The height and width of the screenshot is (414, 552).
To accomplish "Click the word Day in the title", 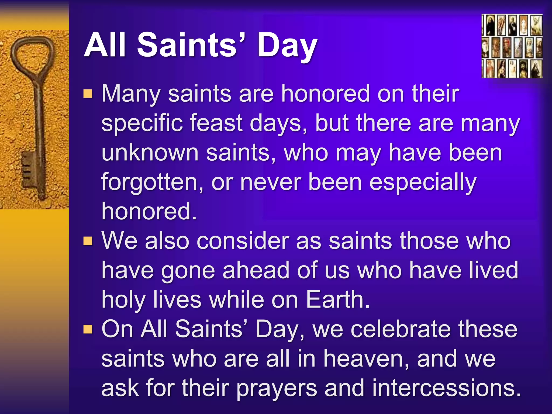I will [287, 46].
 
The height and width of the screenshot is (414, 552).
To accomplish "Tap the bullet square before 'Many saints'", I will [88, 94].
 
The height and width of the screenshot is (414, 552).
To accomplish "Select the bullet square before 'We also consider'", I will [88, 241].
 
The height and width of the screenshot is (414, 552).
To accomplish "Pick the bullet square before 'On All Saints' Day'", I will [88, 329].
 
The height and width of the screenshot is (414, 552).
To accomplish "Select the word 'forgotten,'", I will [153, 182].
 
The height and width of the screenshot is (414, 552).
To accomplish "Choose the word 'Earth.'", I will [338, 300].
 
